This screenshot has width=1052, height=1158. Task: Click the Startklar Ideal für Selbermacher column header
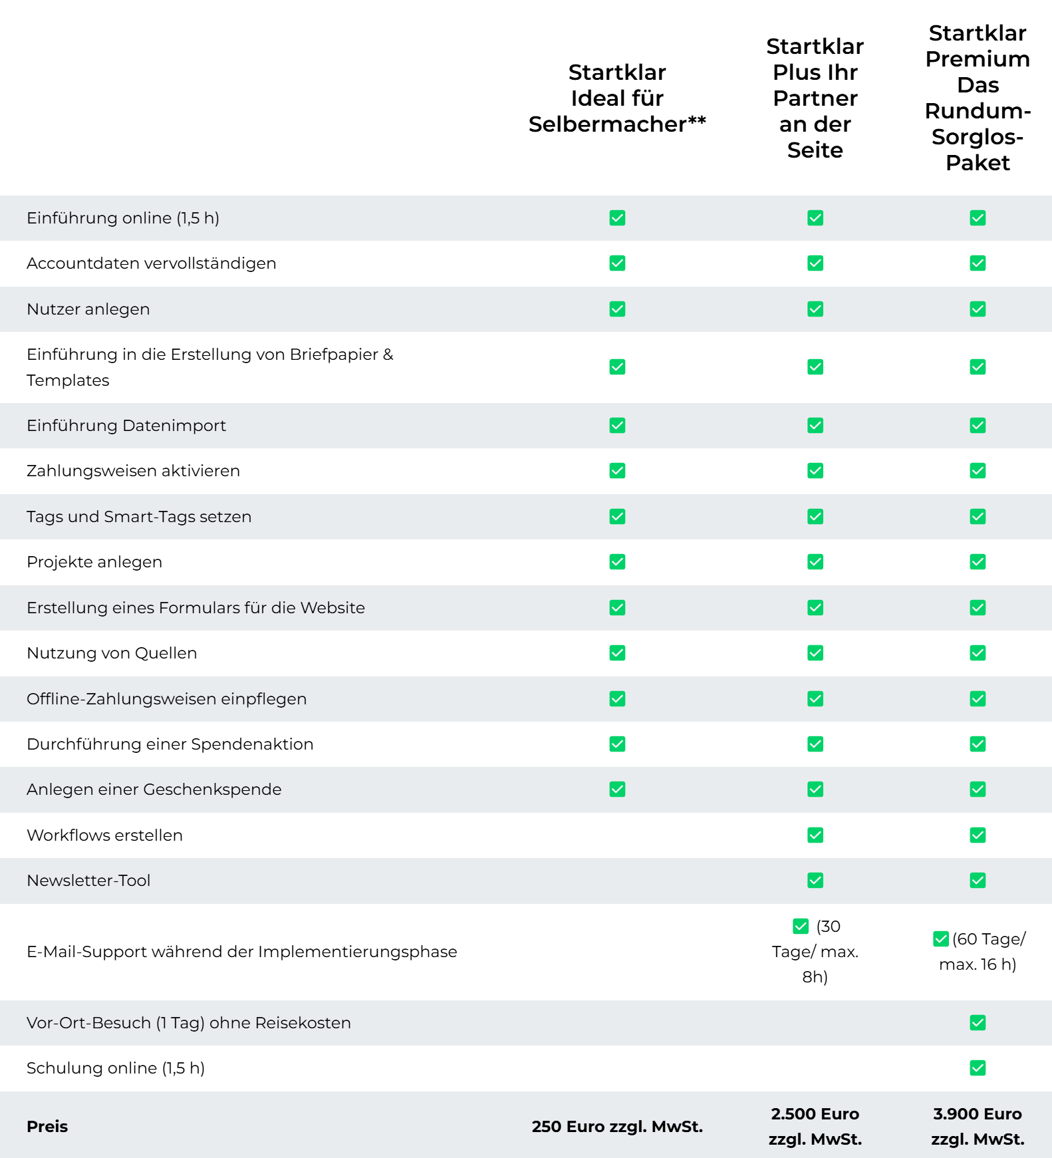click(617, 98)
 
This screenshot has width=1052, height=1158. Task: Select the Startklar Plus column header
click(815, 98)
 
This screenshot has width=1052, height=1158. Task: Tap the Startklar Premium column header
click(978, 98)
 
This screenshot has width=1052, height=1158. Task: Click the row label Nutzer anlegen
click(88, 309)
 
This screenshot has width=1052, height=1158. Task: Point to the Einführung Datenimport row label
click(126, 426)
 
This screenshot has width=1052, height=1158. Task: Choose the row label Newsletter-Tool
click(88, 881)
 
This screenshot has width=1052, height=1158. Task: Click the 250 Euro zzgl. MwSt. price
click(617, 1127)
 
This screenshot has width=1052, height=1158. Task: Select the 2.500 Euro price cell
click(815, 1127)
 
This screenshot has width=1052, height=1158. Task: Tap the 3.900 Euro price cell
click(978, 1127)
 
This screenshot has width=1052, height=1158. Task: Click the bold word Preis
click(47, 1127)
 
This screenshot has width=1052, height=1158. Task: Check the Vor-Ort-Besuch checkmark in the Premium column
click(978, 1023)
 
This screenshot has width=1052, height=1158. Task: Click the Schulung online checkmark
click(978, 1068)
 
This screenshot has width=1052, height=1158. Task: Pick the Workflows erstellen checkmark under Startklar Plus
click(815, 835)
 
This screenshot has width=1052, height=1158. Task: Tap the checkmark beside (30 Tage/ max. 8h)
click(801, 927)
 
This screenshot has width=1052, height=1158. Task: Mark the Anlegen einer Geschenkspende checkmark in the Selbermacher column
click(617, 790)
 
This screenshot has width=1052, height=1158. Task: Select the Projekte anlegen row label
click(94, 562)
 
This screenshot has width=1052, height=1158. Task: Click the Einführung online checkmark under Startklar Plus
click(815, 218)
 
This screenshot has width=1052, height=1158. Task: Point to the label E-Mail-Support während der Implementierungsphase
click(242, 952)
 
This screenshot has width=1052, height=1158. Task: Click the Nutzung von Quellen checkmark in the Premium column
click(978, 653)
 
